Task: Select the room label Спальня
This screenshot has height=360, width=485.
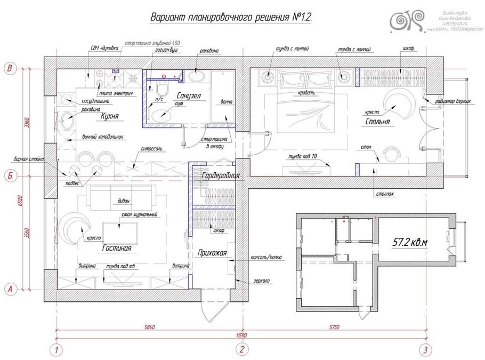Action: (x=378, y=122)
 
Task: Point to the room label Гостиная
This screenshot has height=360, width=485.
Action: (x=116, y=248)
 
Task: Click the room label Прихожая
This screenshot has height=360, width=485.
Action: (x=212, y=253)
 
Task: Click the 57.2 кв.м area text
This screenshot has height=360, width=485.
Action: (x=410, y=242)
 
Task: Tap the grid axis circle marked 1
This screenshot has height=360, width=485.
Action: (x=56, y=350)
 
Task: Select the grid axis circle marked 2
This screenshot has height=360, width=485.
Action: (x=242, y=350)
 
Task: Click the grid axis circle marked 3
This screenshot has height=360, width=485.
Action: (x=425, y=350)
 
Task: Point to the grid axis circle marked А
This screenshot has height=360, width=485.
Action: (x=10, y=289)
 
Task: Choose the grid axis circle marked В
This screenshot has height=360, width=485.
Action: (x=10, y=68)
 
